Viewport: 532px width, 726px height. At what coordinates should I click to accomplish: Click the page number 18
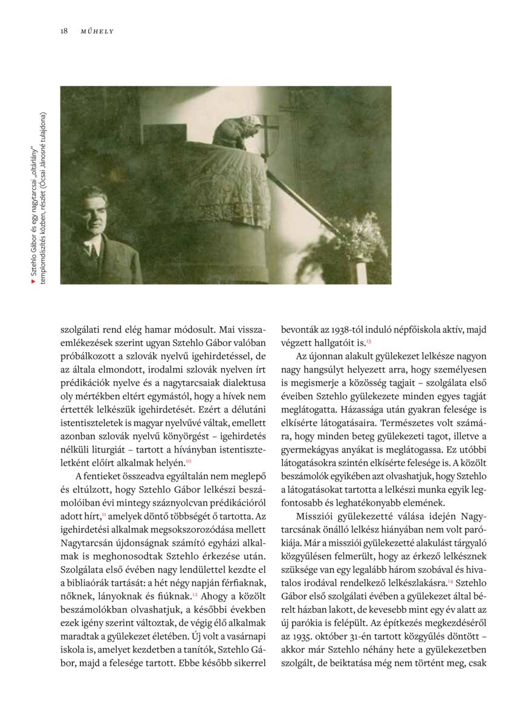point(64,31)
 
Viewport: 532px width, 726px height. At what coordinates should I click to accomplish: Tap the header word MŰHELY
point(97,31)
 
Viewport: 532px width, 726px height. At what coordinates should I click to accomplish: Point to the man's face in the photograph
point(92,214)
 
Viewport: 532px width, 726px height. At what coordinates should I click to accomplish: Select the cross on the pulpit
point(267,129)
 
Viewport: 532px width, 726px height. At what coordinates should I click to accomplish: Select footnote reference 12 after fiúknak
point(195,593)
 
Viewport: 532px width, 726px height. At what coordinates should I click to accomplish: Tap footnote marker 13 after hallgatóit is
point(368,342)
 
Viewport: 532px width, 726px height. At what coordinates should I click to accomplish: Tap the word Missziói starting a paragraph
point(316,515)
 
